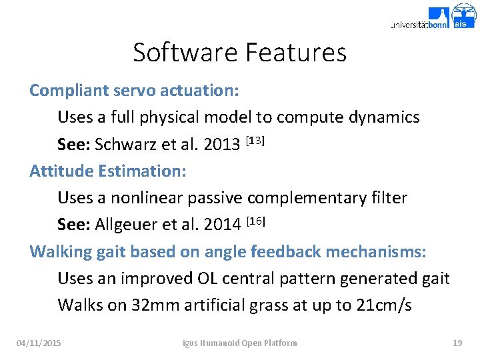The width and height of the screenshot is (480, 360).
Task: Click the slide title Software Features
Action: click(x=239, y=52)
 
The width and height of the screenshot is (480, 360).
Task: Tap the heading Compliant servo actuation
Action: click(x=134, y=91)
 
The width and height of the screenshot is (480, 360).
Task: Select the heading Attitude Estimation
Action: click(x=108, y=171)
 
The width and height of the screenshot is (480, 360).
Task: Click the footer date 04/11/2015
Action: click(x=39, y=343)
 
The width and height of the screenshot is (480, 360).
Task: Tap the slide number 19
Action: click(x=457, y=343)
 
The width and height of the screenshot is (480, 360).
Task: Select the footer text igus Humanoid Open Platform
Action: click(x=240, y=343)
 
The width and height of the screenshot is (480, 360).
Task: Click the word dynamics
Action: click(x=381, y=117)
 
